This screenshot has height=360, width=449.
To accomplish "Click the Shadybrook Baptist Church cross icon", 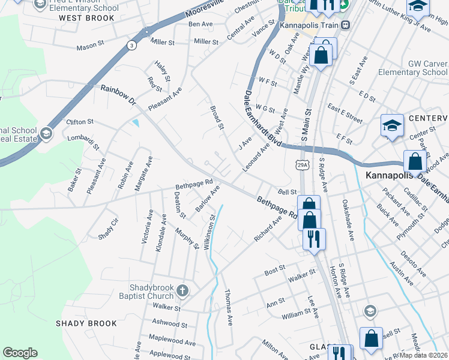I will pyautogui.click(x=183, y=292).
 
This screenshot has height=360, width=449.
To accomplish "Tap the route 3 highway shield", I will pyautogui.click(x=131, y=45).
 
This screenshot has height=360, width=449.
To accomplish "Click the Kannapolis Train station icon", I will pyautogui.click(x=345, y=25).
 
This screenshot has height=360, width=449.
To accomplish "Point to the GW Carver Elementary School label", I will pyautogui.click(x=413, y=68).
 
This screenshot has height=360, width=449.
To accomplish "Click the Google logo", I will pyautogui.click(x=20, y=352).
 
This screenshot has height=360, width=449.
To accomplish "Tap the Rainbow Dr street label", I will pyautogui.click(x=119, y=95).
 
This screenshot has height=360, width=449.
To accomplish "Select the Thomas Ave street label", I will pyautogui.click(x=228, y=307).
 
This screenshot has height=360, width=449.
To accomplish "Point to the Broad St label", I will pyautogui.click(x=217, y=118).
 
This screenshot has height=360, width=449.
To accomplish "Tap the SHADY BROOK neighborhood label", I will pyautogui.click(x=86, y=323).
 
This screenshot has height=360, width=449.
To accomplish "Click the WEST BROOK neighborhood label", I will pyautogui.click(x=86, y=18).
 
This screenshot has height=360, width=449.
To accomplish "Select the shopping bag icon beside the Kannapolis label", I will pyautogui.click(x=415, y=161).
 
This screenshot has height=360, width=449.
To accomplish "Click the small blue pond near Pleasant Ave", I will pyautogui.click(x=136, y=124).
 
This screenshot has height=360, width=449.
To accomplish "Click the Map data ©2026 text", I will pyautogui.click(x=424, y=355).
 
